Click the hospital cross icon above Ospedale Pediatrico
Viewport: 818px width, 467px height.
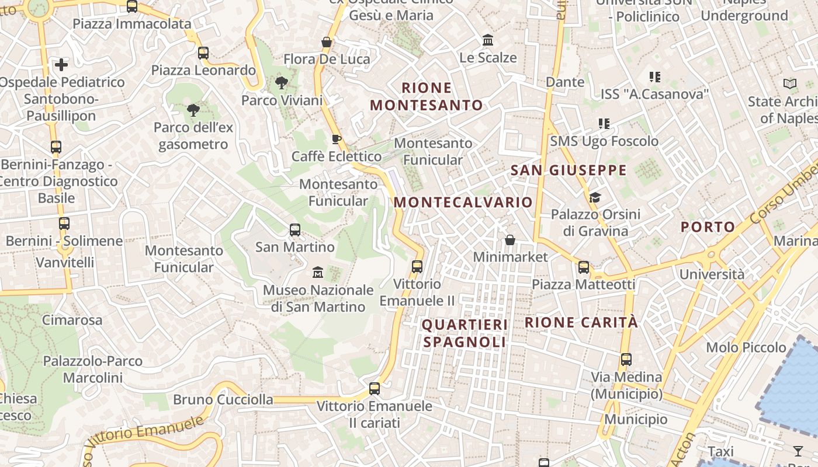[x=61, y=64]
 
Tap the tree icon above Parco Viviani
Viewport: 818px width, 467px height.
[x=282, y=83]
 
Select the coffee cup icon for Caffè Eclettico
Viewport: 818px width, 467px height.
[x=336, y=139]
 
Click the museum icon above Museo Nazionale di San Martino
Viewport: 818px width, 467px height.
[x=318, y=272]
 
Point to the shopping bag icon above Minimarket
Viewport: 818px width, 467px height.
[x=510, y=239]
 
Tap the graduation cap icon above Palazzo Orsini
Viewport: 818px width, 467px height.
[x=595, y=197]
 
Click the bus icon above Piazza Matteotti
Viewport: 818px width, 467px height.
[x=583, y=267]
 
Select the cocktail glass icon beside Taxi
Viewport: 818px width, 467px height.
[x=798, y=451]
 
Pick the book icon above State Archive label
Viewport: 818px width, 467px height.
[x=790, y=84]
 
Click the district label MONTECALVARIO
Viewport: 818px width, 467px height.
[x=463, y=203]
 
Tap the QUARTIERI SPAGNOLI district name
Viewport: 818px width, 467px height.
[x=465, y=333]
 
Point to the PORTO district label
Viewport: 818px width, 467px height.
[x=708, y=227]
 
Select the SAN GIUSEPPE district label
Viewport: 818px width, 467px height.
[x=569, y=170]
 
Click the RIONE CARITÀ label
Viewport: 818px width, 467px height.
[x=581, y=322]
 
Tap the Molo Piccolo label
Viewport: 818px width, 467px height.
[x=746, y=347]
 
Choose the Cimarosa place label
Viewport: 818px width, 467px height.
[x=72, y=320]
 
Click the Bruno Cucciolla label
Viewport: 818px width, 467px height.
[x=223, y=400]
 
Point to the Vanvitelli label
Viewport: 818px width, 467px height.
[x=65, y=262]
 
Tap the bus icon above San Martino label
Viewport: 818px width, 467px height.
[x=295, y=230]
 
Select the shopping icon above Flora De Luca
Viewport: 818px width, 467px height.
[x=327, y=42]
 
